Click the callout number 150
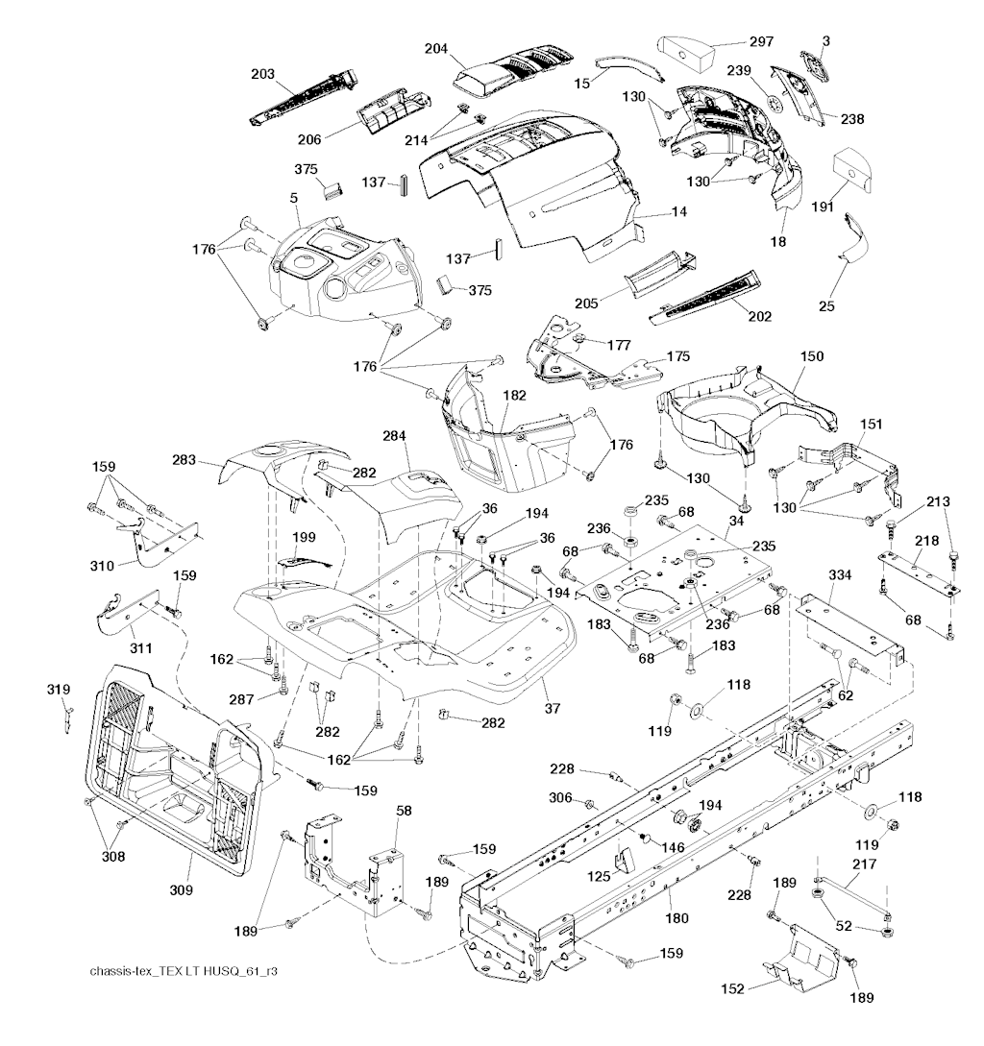point(812,356)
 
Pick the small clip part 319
point(68,714)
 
